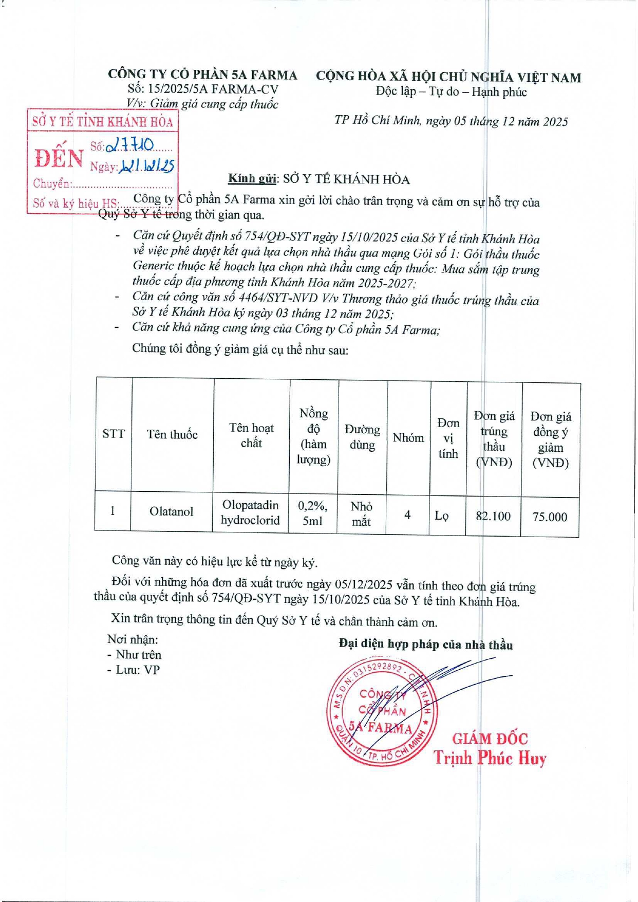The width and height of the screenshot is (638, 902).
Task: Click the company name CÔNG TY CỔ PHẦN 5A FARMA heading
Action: (x=202, y=75)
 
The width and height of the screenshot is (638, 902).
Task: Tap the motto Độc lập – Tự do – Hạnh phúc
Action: (x=451, y=92)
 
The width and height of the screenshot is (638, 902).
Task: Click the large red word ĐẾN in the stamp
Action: (x=59, y=158)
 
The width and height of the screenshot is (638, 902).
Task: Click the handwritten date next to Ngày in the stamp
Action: (x=147, y=165)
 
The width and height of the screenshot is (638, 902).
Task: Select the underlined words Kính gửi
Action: (x=252, y=179)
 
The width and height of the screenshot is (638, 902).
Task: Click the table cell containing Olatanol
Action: (x=171, y=512)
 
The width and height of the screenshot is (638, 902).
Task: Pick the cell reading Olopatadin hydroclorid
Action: (x=250, y=512)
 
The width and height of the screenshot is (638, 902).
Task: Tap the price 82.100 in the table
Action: (x=493, y=516)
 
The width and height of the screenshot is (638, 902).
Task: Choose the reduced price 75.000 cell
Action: (x=550, y=517)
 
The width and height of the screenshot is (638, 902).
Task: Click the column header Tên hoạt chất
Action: (x=251, y=435)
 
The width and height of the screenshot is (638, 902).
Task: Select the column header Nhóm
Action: (x=408, y=438)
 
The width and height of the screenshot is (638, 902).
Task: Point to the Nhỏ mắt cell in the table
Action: (x=361, y=514)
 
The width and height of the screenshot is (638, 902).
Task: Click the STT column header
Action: (x=114, y=434)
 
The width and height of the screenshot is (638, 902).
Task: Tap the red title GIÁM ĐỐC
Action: (x=490, y=739)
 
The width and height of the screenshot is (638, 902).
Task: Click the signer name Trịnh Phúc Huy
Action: (x=490, y=758)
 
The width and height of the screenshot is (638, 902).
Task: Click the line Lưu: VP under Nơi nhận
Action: (x=134, y=670)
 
